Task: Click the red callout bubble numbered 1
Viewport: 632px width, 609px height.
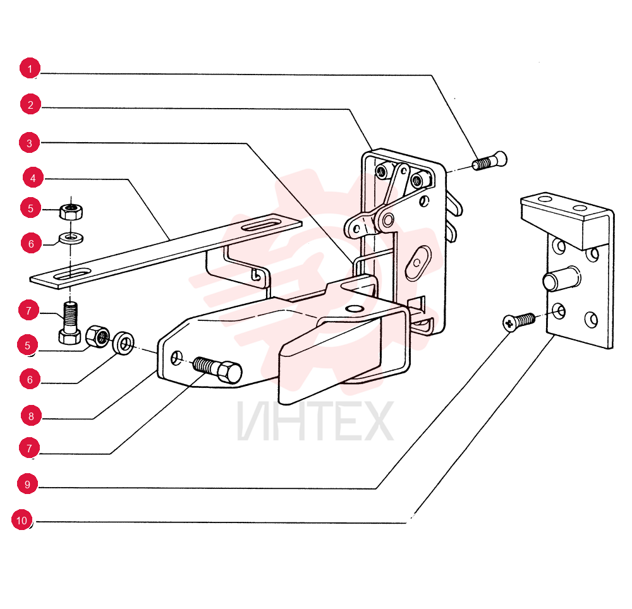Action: pyautogui.click(x=30, y=68)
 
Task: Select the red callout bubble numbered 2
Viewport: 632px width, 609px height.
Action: pyautogui.click(x=30, y=104)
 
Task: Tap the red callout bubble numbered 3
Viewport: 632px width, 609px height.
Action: pyautogui.click(x=30, y=143)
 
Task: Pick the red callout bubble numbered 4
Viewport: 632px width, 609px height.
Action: pyautogui.click(x=33, y=178)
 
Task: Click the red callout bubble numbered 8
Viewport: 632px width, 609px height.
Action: pyautogui.click(x=31, y=416)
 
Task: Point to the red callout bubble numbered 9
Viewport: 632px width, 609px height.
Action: pyautogui.click(x=27, y=483)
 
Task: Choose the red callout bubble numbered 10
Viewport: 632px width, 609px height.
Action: pyautogui.click(x=21, y=520)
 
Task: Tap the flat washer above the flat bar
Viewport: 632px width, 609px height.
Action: pyautogui.click(x=71, y=238)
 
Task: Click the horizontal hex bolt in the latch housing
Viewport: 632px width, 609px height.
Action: pyautogui.click(x=217, y=370)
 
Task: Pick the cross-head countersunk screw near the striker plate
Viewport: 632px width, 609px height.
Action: pyautogui.click(x=519, y=322)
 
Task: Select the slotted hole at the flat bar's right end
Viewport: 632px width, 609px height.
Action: pyautogui.click(x=261, y=225)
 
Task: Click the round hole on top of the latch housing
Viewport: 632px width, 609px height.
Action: pyautogui.click(x=355, y=309)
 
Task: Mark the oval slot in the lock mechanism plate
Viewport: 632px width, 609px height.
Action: pyautogui.click(x=418, y=262)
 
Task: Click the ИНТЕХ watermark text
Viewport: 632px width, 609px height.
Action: pyautogui.click(x=315, y=421)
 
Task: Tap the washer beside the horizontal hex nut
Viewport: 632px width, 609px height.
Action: pyautogui.click(x=123, y=343)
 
